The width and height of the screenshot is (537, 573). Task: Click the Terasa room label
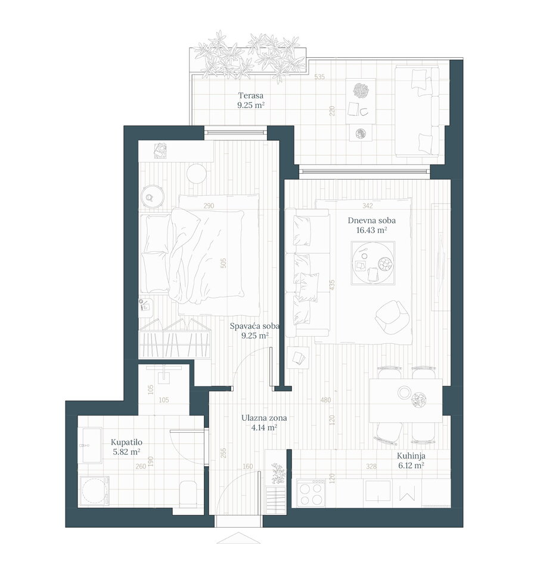(x=251, y=95)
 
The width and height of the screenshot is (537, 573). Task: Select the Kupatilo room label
(x=126, y=442)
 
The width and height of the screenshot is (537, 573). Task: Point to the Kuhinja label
(x=411, y=456)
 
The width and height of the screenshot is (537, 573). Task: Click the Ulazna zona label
(x=264, y=418)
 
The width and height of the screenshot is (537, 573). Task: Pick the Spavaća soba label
(x=254, y=326)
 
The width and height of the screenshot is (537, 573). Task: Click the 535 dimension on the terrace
(x=319, y=77)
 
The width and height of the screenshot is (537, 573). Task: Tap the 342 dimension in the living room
(x=368, y=206)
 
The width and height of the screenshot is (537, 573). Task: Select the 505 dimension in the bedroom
(x=224, y=263)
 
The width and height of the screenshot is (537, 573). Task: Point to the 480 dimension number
(x=326, y=400)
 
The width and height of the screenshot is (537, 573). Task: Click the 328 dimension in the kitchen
(x=371, y=466)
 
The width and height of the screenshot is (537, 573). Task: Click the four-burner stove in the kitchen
(x=311, y=492)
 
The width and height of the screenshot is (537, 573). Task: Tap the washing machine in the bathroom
(x=94, y=491)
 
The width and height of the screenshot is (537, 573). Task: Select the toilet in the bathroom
(x=188, y=494)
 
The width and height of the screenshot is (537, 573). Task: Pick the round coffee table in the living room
(x=373, y=263)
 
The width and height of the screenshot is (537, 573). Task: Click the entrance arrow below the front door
(x=238, y=538)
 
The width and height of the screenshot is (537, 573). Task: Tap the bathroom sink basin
(x=92, y=445)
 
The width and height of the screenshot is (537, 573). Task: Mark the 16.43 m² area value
(x=371, y=230)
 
